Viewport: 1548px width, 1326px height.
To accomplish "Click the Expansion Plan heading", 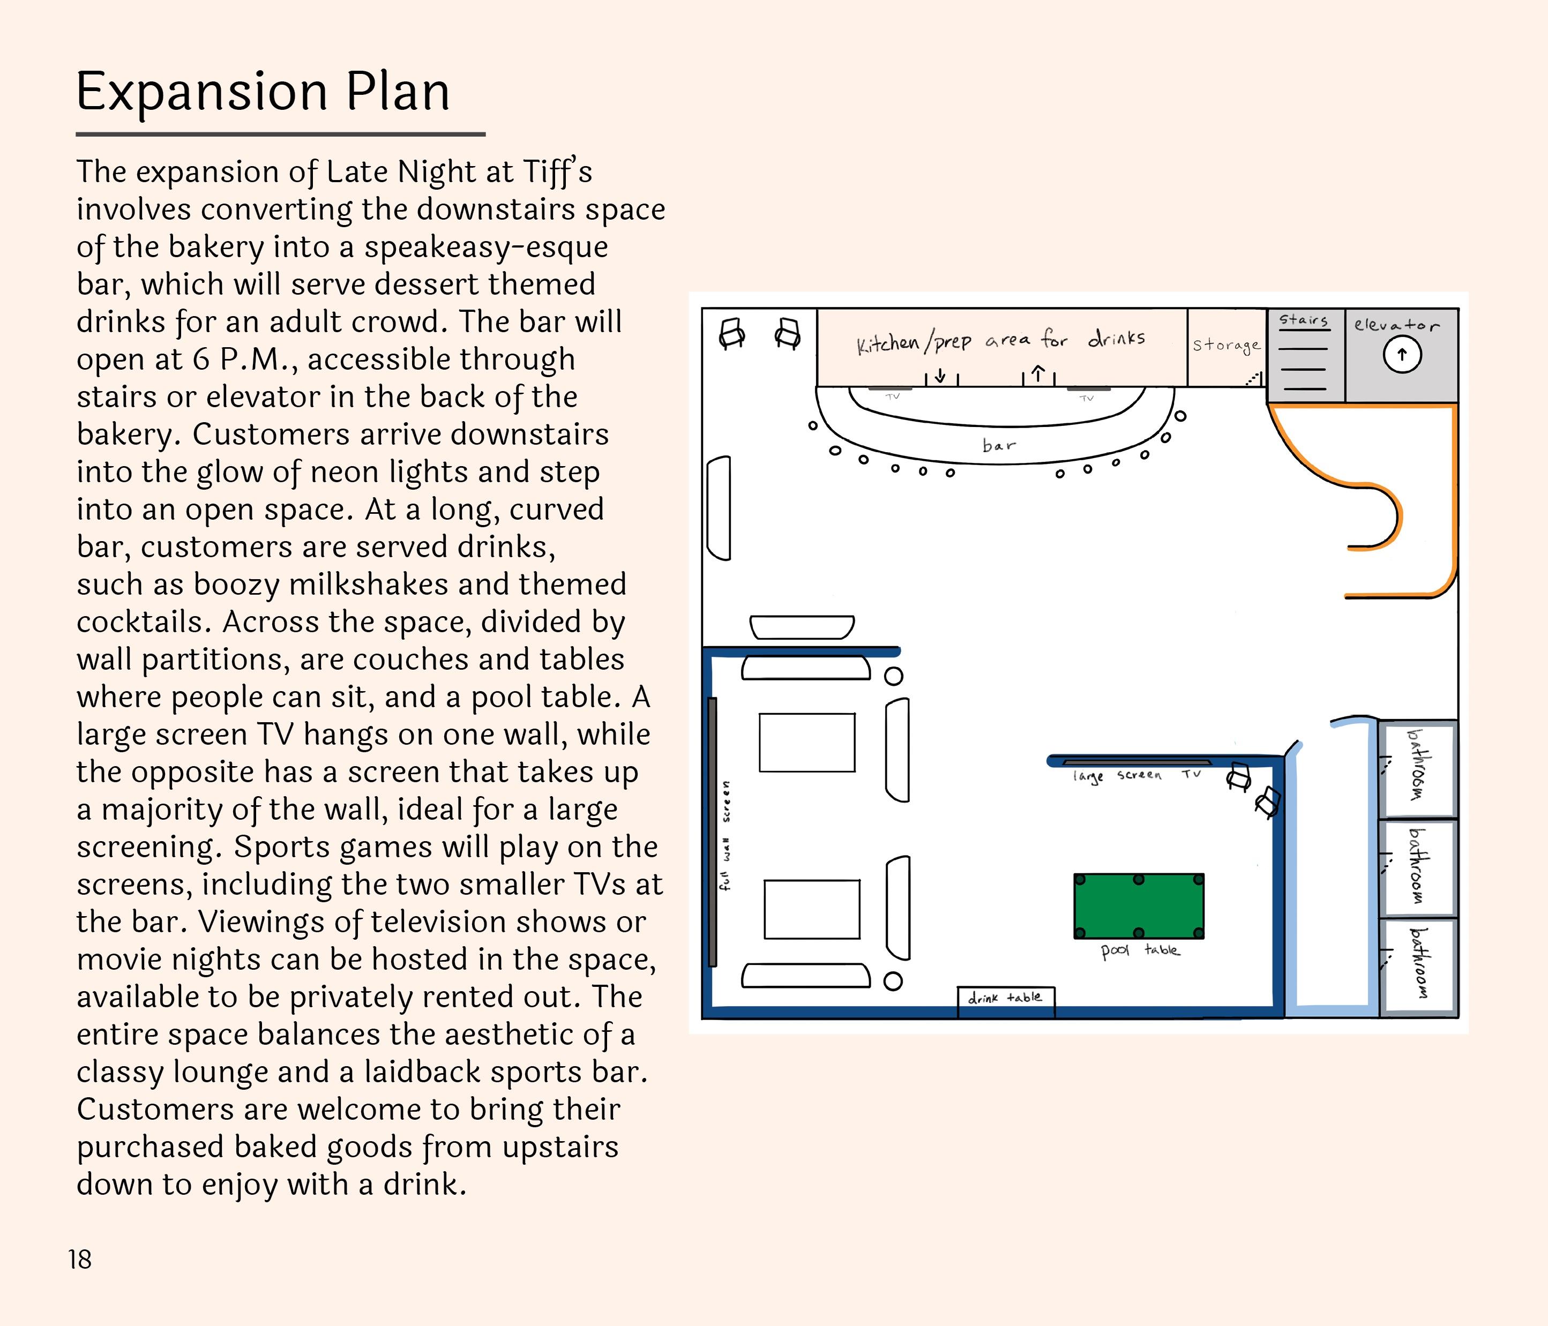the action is tap(263, 92).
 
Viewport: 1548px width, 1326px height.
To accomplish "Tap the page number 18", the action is tap(80, 1260).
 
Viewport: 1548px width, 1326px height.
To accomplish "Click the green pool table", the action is tap(1139, 906).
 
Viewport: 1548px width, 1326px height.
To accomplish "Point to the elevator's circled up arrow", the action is tap(1402, 355).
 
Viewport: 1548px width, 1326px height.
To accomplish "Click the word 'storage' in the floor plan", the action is tap(1226, 345).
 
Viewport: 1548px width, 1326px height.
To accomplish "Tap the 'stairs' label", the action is tap(1304, 320).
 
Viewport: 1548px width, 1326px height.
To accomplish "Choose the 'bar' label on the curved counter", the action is tap(999, 445).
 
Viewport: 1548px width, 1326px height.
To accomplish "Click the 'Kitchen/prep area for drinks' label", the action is tap(1000, 341).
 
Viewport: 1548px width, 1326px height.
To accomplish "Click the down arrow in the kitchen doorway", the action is tap(940, 376).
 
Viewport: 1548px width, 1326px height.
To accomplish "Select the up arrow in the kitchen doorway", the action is tap(1038, 373).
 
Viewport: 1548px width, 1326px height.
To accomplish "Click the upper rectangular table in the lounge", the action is tap(807, 743).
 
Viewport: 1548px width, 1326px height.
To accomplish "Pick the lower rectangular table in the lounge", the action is tap(811, 909).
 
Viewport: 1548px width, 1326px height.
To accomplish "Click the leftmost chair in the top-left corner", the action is tap(731, 333).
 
